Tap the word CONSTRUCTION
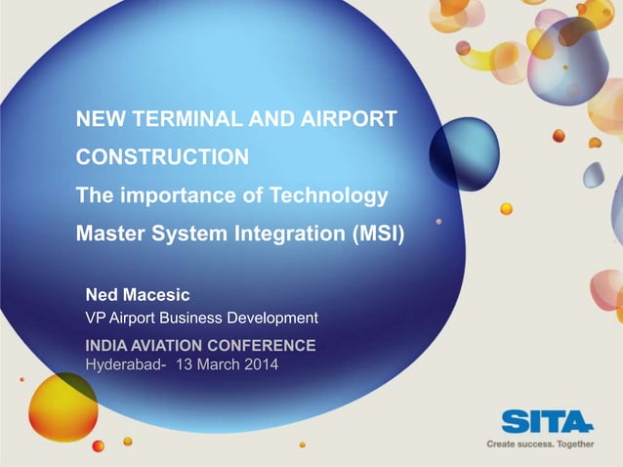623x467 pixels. (x=162, y=157)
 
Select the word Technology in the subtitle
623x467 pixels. (x=332, y=195)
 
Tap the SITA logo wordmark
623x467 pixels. (x=547, y=421)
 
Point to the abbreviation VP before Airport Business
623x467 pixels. (x=95, y=318)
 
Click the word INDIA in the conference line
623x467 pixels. (x=107, y=346)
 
